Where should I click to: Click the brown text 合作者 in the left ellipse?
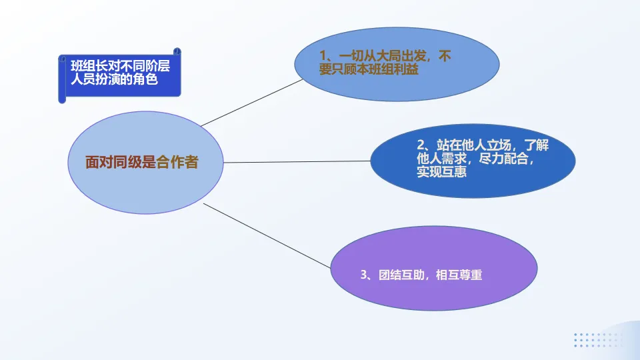coord(177,162)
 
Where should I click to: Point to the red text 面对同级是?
coord(120,162)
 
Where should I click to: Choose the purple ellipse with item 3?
coord(433,268)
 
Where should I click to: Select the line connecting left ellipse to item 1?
coord(252,102)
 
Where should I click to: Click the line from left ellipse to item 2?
coord(297,161)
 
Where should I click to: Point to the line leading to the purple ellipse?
coord(267,235)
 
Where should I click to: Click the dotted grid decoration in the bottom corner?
coord(597,339)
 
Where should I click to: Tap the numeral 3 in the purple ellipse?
coord(363,274)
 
